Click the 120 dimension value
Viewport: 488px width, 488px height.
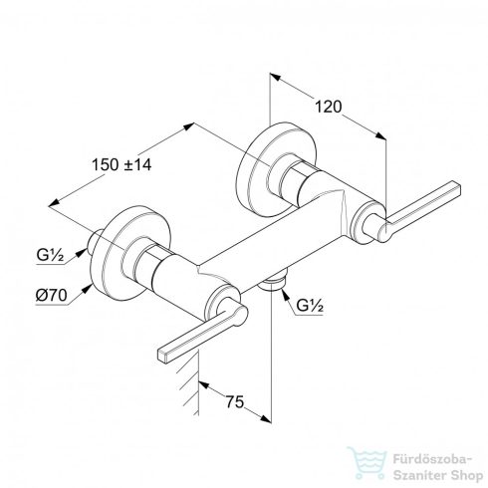tap(328, 107)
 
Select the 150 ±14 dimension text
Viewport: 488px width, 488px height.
tap(122, 164)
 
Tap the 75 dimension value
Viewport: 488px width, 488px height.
tap(235, 402)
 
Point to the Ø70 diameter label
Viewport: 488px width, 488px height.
tap(52, 295)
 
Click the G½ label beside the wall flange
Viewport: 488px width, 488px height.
tap(50, 255)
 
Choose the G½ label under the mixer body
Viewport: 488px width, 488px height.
tap(310, 306)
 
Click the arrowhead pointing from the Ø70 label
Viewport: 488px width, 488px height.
tap(87, 289)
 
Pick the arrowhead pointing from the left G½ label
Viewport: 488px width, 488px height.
tap(81, 253)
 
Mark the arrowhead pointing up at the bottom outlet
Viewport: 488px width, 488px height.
tap(285, 294)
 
